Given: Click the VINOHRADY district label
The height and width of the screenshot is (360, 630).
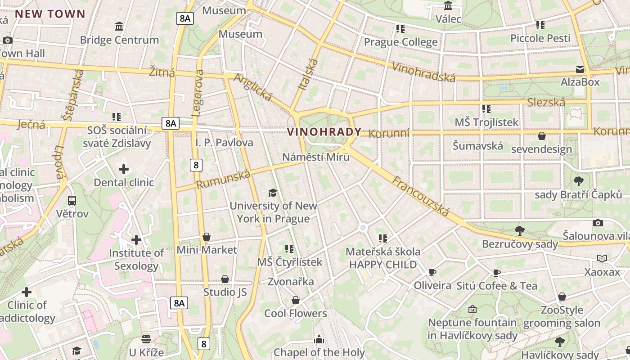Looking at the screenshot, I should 324,132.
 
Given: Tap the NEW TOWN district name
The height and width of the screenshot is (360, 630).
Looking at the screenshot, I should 50,14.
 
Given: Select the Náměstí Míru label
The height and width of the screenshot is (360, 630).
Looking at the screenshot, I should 315,157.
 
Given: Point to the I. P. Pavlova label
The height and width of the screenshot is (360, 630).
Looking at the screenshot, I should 224,143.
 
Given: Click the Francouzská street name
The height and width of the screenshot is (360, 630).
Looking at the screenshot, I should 421,196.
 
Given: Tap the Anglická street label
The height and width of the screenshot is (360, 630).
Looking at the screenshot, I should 253,87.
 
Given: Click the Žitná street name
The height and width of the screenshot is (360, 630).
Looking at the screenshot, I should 162,72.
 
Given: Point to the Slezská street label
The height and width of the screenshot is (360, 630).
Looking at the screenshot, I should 546,103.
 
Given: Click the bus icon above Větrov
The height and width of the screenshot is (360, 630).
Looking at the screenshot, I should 72,200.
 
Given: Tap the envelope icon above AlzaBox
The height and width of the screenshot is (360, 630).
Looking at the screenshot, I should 580,69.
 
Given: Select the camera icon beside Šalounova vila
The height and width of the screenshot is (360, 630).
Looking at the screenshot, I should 598,223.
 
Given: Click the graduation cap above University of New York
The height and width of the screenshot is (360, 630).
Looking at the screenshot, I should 273,193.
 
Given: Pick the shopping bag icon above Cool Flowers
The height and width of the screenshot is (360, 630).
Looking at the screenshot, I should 296,300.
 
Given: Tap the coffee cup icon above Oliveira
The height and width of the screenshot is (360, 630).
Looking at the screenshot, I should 432,272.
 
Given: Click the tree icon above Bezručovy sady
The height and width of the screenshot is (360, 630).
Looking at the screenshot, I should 520,231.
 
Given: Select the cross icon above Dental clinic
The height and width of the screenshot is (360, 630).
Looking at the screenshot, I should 124,169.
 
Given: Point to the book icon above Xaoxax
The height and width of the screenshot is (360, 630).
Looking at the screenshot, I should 602,258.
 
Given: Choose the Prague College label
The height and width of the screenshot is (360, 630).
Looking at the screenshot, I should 400,42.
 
